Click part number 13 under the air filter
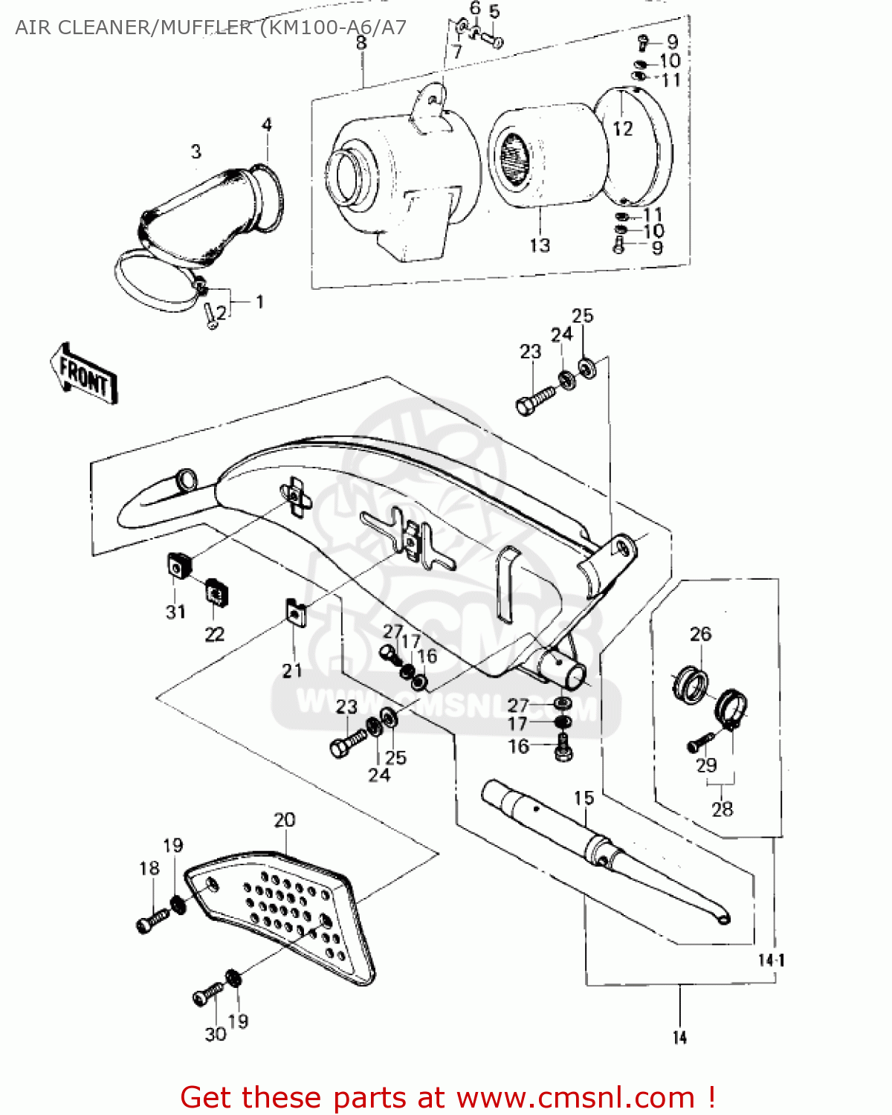(x=540, y=245)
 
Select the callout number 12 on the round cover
(x=623, y=129)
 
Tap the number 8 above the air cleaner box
(x=361, y=43)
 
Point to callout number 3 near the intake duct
(x=196, y=152)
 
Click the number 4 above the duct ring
(x=267, y=125)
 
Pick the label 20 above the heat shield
(x=285, y=820)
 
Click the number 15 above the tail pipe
(x=584, y=798)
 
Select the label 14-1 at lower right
(x=771, y=960)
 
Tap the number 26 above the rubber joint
(x=700, y=634)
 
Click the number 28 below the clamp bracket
(x=722, y=809)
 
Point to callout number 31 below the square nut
(x=175, y=612)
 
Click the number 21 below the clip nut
(x=292, y=670)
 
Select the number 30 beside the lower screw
(x=216, y=1034)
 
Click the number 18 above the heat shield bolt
(x=149, y=868)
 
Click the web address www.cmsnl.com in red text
(x=575, y=1097)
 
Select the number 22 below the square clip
(x=215, y=634)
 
